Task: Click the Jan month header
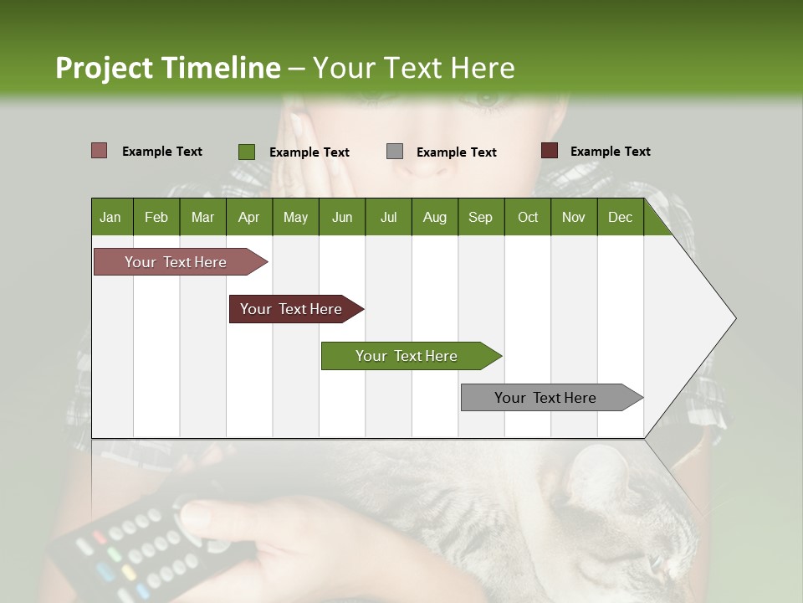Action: (110, 217)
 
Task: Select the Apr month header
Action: (248, 217)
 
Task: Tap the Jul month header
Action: (388, 217)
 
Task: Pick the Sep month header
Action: (480, 217)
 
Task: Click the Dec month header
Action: (620, 217)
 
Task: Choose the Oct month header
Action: (527, 217)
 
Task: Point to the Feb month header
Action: (156, 217)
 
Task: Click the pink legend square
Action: (99, 151)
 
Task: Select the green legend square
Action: (246, 152)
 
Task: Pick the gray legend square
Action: (394, 152)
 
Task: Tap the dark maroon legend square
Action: (549, 151)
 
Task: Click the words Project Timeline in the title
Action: (167, 68)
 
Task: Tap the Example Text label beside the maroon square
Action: (610, 152)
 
